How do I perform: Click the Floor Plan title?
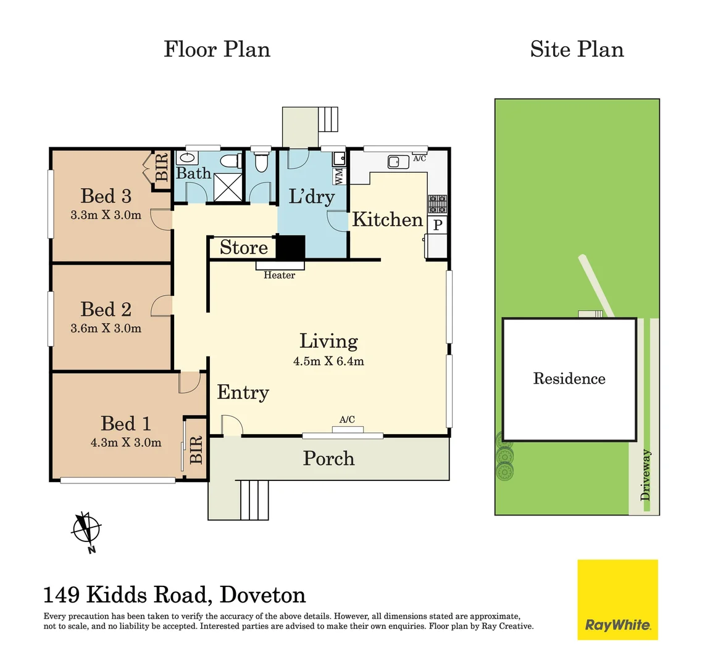[217, 49]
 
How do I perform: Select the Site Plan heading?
[577, 49]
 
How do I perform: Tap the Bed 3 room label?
[106, 196]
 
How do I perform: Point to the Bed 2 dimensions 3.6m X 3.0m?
[106, 329]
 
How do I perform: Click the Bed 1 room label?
[125, 424]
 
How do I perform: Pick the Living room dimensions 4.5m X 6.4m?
[328, 361]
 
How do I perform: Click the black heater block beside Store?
[290, 248]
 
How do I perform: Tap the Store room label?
[243, 247]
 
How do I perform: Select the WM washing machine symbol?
[339, 176]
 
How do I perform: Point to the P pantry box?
[438, 224]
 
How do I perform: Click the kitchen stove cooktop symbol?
[437, 204]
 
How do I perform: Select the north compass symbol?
[86, 530]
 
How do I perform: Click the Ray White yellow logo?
[617, 599]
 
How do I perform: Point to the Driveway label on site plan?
[646, 474]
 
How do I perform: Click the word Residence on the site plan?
[569, 379]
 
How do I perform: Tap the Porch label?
[328, 458]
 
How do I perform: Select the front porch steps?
[254, 499]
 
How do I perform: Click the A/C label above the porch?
[347, 420]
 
